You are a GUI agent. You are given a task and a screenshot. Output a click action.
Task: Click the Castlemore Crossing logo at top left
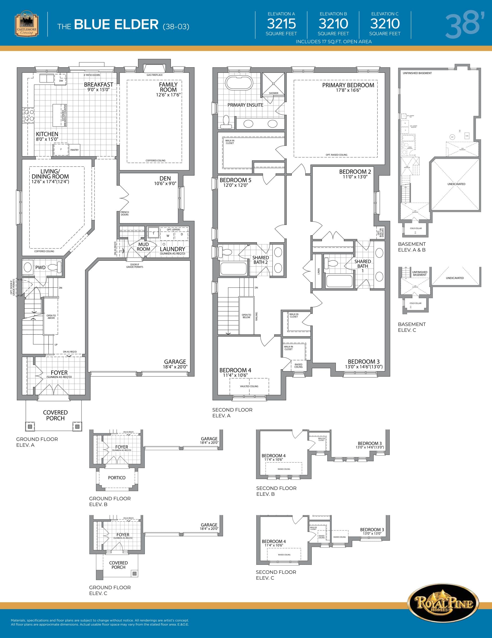[27, 24]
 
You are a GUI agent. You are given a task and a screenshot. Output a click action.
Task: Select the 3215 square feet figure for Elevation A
[281, 24]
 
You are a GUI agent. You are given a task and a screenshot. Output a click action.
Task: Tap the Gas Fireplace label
[154, 75]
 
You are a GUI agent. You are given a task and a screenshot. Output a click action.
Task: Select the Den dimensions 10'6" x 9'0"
[165, 184]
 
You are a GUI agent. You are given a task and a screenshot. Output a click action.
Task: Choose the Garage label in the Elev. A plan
[175, 362]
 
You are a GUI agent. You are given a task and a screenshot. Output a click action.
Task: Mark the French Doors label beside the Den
[125, 213]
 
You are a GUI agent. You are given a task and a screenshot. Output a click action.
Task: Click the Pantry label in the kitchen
[74, 150]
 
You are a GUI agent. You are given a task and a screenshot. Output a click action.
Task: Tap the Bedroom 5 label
[235, 180]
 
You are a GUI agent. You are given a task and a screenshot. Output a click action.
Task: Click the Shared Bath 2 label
[260, 260]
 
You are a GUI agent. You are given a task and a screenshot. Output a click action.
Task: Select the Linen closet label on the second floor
[319, 271]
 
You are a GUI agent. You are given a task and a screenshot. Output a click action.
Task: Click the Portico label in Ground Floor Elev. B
[117, 478]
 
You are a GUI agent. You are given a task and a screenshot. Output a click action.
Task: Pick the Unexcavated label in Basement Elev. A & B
[456, 184]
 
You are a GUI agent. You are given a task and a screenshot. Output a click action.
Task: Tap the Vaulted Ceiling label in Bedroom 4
[249, 386]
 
